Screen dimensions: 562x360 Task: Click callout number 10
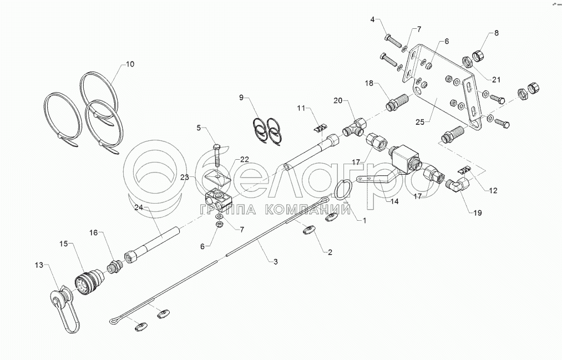129,64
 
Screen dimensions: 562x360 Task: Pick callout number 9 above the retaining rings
241,98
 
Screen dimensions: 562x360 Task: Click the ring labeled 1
343,190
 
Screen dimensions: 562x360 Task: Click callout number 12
493,190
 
